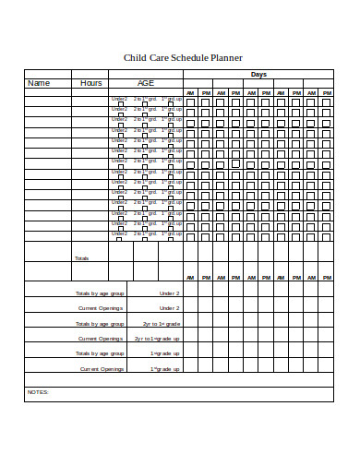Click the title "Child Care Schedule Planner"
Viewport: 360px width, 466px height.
coord(183,57)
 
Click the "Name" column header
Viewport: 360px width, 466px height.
coord(38,83)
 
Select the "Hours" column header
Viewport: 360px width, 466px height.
coord(90,83)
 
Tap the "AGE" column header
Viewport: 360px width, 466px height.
coord(146,83)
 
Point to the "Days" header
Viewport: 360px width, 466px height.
coord(258,74)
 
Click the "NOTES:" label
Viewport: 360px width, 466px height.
coord(38,392)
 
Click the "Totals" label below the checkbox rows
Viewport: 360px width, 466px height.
coord(81,258)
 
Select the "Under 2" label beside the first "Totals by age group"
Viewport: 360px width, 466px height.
coord(169,293)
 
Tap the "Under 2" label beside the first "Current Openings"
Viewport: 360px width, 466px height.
coord(169,307)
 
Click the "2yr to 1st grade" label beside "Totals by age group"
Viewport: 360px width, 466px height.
coord(161,324)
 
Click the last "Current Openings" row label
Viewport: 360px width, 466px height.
coord(102,368)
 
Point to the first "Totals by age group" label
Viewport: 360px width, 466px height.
coord(100,293)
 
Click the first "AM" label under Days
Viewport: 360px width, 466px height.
coord(191,93)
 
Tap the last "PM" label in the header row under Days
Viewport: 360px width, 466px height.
coord(326,93)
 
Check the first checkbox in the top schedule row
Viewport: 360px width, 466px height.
coord(191,102)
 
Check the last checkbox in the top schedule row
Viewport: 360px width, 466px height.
coord(326,102)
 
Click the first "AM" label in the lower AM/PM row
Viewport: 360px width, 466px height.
coord(191,278)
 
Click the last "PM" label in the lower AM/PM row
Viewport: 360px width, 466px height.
coord(326,278)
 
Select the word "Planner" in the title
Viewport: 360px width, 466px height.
coord(225,57)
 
